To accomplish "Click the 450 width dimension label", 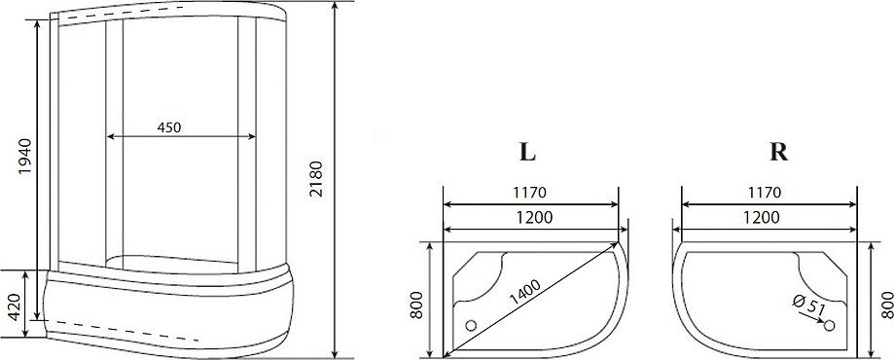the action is coord(168,127).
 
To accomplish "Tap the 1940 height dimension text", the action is coord(25,156).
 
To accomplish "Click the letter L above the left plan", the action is coord(527,152).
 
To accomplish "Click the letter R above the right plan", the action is coord(778,152).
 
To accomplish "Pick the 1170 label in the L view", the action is coord(529,193).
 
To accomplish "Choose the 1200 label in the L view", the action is coord(535,217).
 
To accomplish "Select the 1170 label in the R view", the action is coord(764,193).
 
